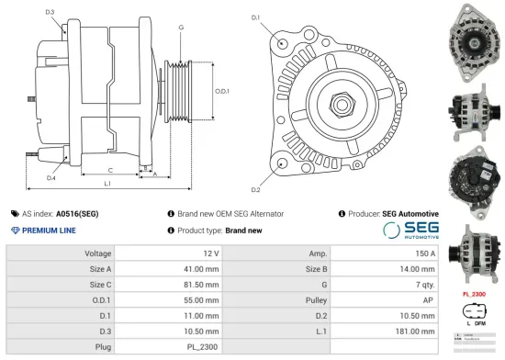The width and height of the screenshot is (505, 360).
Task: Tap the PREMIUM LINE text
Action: coord(49,231)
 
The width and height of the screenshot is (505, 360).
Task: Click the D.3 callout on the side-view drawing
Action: coord(49,12)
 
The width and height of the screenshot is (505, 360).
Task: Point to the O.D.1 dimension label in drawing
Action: coord(221,91)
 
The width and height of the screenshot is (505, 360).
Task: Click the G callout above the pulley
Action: coord(181,28)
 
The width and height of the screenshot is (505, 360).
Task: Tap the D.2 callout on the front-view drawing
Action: coord(254,189)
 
